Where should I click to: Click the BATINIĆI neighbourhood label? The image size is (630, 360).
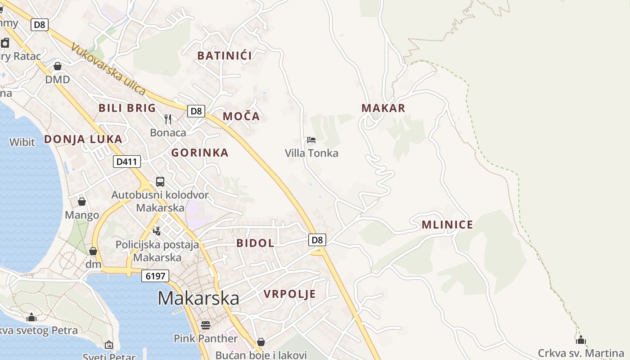click(x=225, y=56)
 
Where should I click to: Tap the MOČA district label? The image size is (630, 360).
click(x=241, y=117)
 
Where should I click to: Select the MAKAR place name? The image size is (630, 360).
click(x=383, y=108)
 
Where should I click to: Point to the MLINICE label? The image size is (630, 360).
click(x=447, y=225)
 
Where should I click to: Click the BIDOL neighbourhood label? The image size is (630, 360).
click(x=255, y=243)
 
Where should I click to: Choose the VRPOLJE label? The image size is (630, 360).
click(x=290, y=294)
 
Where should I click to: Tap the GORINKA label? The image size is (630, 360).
click(x=200, y=153)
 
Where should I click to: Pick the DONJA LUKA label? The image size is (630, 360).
click(x=83, y=139)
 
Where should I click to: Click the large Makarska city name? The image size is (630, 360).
click(x=198, y=298)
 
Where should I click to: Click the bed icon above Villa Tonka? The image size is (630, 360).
click(x=311, y=140)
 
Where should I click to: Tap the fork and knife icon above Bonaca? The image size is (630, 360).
click(x=168, y=119)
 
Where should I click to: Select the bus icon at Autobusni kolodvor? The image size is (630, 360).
click(x=160, y=181)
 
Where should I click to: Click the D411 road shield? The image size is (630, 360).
click(x=127, y=162)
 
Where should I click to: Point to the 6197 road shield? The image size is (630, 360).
click(x=155, y=276)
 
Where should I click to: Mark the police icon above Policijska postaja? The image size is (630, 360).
click(x=157, y=231)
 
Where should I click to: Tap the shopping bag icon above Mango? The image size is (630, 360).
click(x=82, y=201)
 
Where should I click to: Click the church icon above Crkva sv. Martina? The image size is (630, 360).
click(x=581, y=339)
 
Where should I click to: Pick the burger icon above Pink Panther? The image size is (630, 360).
click(x=206, y=325)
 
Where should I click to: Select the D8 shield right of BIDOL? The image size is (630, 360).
click(x=318, y=240)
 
